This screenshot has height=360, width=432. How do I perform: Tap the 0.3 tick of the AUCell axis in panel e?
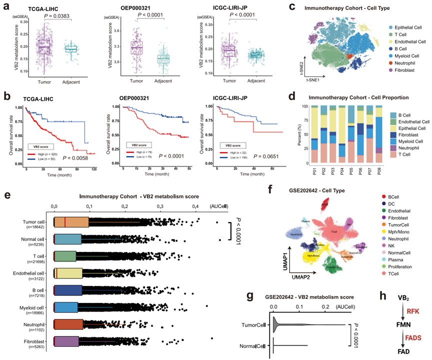tap(159, 205)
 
